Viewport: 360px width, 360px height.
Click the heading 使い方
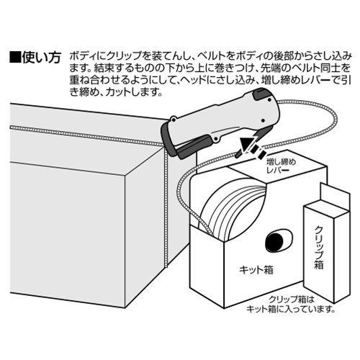[x=41, y=58]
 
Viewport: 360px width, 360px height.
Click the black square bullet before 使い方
[x=15, y=58]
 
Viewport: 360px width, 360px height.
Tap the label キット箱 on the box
[x=256, y=270]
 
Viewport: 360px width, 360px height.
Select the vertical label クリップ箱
[x=319, y=248]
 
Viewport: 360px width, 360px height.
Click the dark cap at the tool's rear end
[x=261, y=94]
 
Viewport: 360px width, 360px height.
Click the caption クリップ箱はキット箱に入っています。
[x=291, y=304]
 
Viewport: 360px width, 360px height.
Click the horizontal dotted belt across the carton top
[x=86, y=135]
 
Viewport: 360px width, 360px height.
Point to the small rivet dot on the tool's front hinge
[x=173, y=119]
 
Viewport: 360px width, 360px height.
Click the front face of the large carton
[x=68, y=235]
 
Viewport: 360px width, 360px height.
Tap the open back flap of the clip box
[x=335, y=197]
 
